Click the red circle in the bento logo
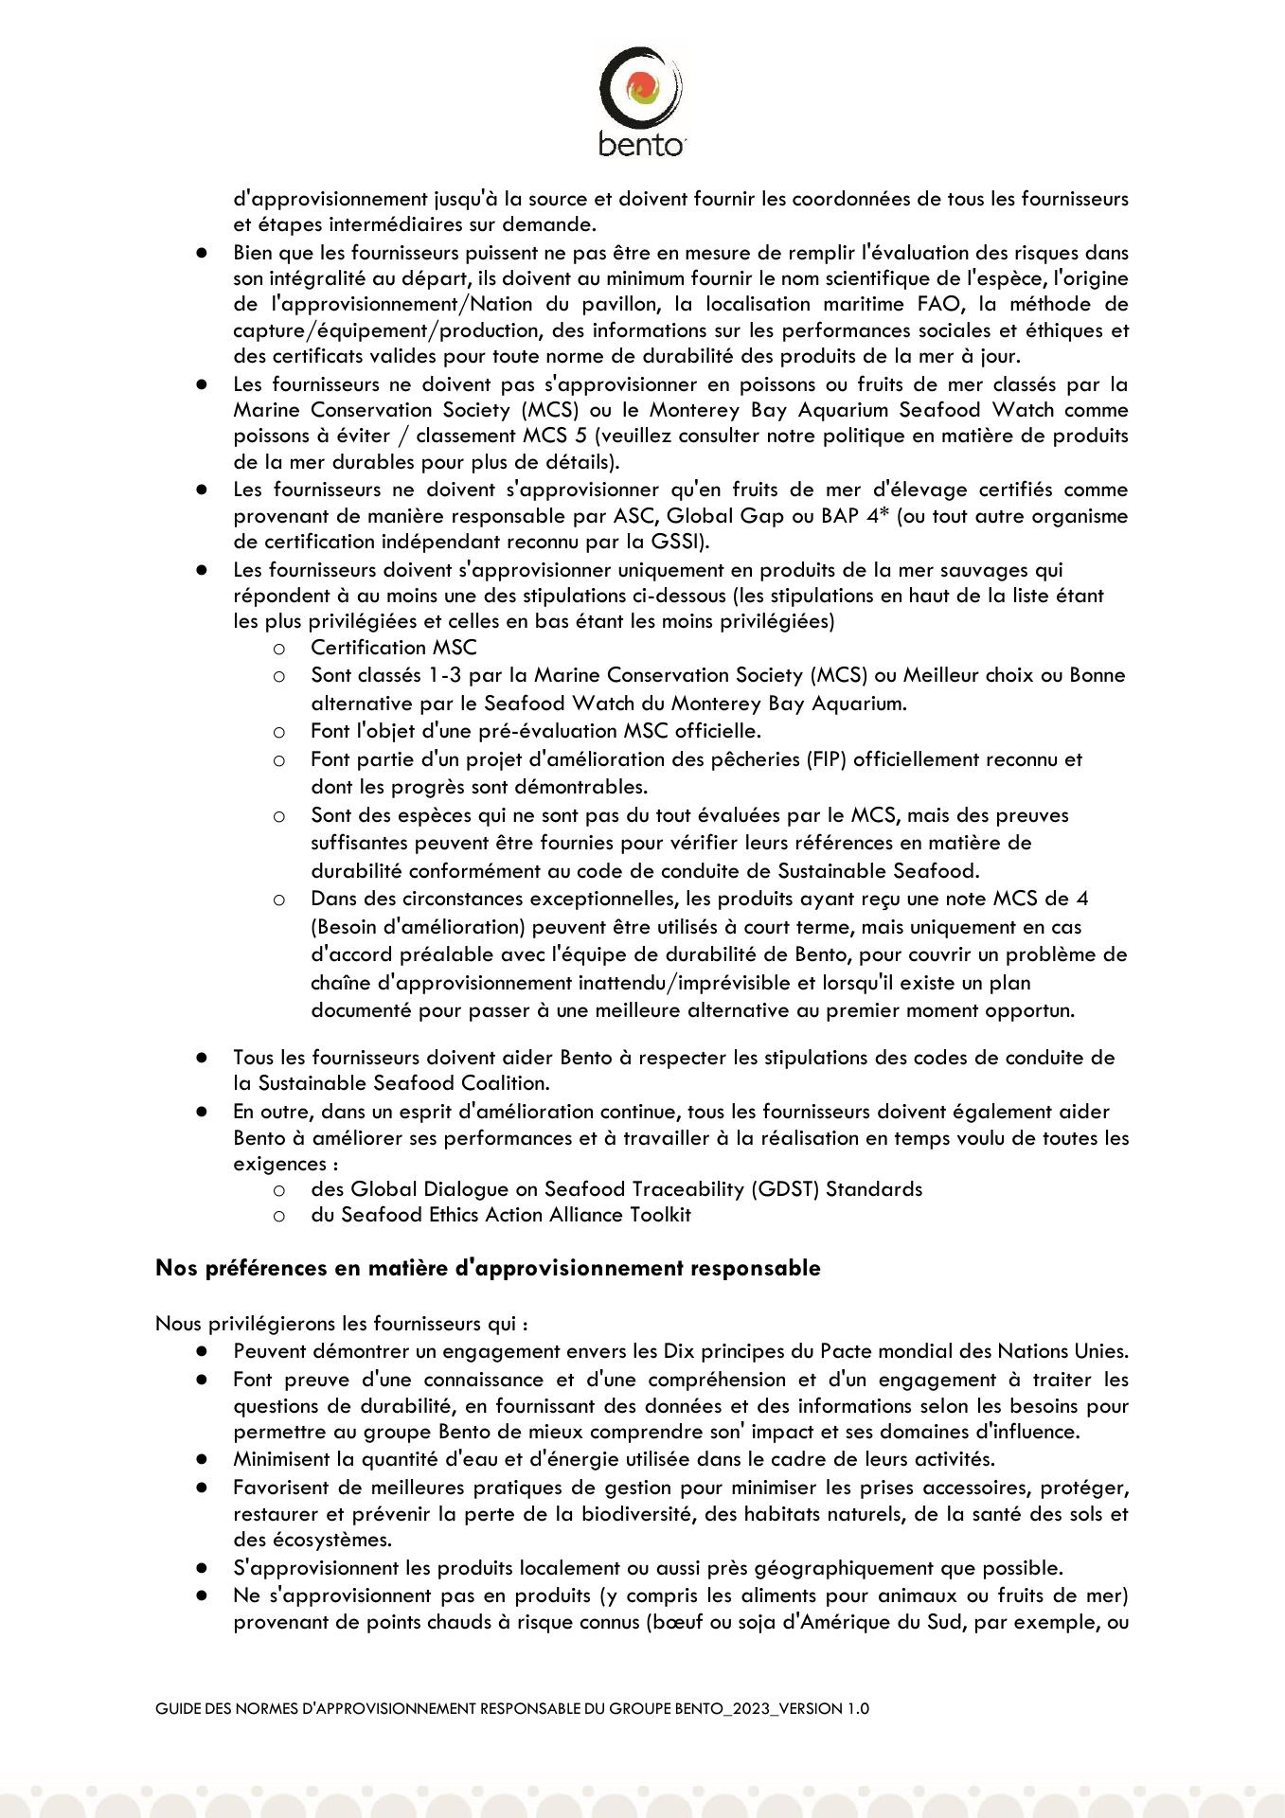pos(642,86)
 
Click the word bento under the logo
pos(641,145)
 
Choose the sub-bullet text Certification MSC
pos(393,648)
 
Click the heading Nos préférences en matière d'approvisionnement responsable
pos(488,1268)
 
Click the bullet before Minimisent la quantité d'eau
pos(202,1459)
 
